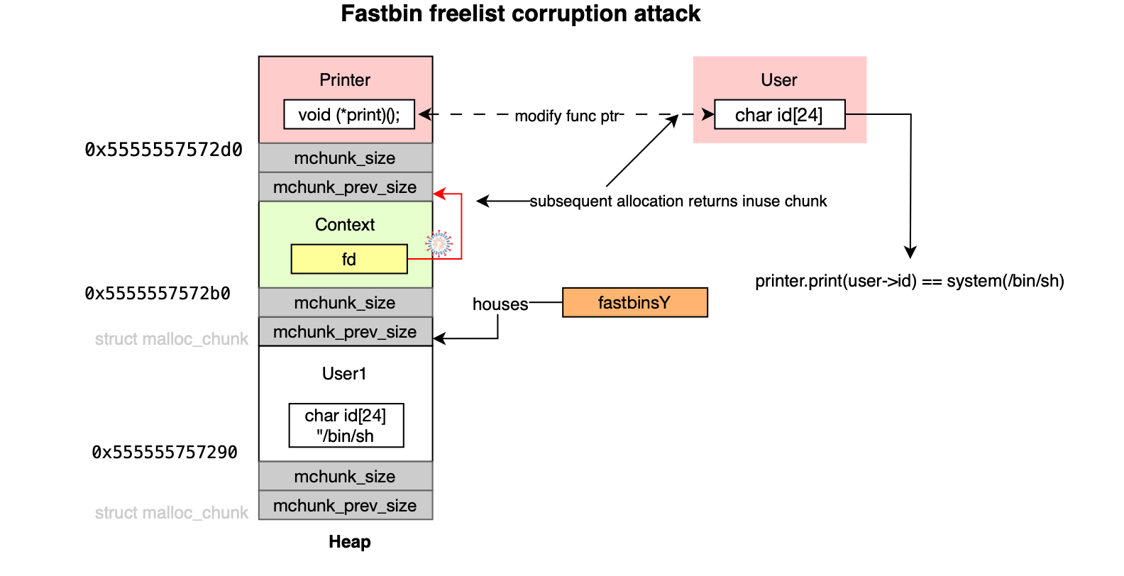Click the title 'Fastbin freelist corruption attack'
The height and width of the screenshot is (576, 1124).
pyautogui.click(x=520, y=14)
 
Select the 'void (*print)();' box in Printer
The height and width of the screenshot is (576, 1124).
pyautogui.click(x=348, y=114)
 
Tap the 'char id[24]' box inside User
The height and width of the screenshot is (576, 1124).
pyautogui.click(x=779, y=114)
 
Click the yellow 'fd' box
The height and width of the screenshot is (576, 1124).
pyautogui.click(x=349, y=259)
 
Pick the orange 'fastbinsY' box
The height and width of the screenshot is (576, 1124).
pyautogui.click(x=634, y=302)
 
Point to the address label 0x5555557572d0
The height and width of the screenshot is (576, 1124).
pyautogui.click(x=164, y=150)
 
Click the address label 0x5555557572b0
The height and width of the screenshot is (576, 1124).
pyautogui.click(x=158, y=294)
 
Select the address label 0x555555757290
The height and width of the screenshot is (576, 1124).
pyautogui.click(x=165, y=452)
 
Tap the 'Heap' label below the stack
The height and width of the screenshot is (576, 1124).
pyautogui.click(x=349, y=542)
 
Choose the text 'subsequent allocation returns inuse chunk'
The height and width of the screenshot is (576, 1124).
pyautogui.click(x=678, y=201)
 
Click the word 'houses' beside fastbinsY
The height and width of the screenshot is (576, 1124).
pyautogui.click(x=500, y=304)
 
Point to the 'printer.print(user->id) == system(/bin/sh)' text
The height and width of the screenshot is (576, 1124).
pyautogui.click(x=909, y=281)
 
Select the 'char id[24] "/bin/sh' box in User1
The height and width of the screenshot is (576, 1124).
pyautogui.click(x=346, y=426)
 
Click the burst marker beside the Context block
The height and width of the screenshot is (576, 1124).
pyautogui.click(x=439, y=243)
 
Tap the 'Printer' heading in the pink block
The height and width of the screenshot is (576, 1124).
pyautogui.click(x=345, y=80)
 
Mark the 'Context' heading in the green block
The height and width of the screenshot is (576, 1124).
pyautogui.click(x=345, y=225)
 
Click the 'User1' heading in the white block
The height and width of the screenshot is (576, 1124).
pyautogui.click(x=344, y=374)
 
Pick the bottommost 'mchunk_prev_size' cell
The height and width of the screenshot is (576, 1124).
pyautogui.click(x=345, y=505)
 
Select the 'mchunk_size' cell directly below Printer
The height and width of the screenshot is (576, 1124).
pyautogui.click(x=345, y=157)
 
